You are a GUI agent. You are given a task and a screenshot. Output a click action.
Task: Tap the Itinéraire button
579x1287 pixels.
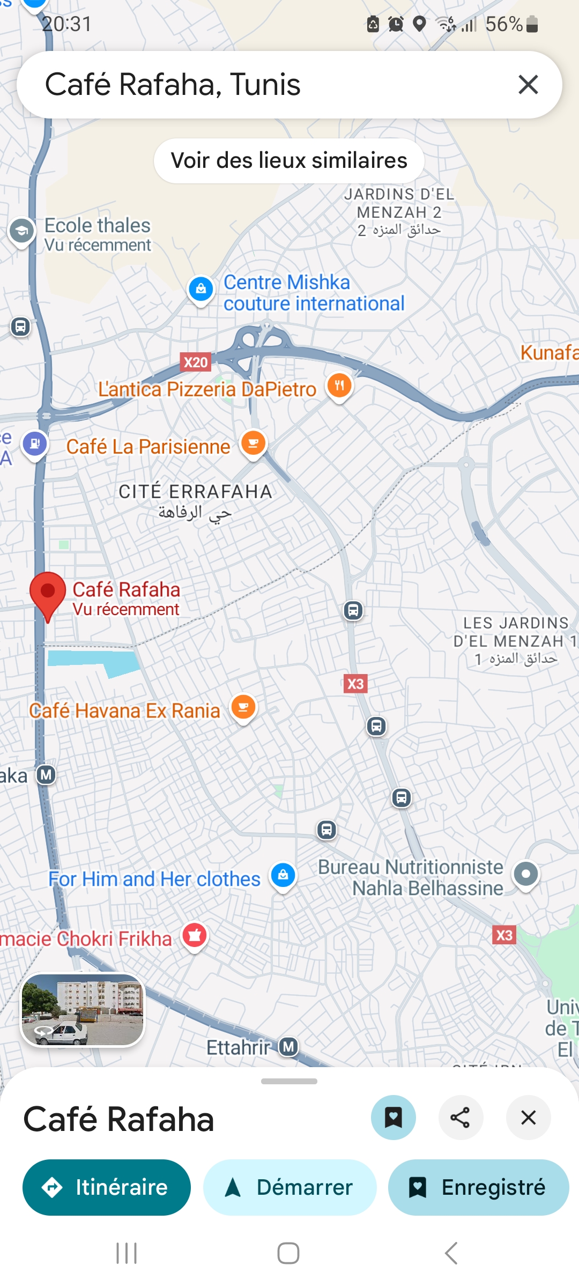pyautogui.click(x=106, y=1187)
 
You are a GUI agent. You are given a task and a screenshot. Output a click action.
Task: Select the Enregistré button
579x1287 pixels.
pyautogui.click(x=478, y=1187)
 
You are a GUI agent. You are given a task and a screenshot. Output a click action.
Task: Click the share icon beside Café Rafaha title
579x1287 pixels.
pyautogui.click(x=461, y=1118)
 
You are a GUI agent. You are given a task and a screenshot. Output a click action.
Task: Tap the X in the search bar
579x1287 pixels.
pyautogui.click(x=528, y=85)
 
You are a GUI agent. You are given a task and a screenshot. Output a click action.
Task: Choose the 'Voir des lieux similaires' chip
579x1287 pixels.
pyautogui.click(x=289, y=161)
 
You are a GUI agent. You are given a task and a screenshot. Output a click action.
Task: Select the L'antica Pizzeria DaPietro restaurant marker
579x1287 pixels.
pyautogui.click(x=339, y=386)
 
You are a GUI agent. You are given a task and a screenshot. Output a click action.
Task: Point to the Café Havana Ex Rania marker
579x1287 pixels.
pyautogui.click(x=243, y=708)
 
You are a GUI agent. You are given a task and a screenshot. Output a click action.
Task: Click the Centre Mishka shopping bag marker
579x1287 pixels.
pyautogui.click(x=201, y=290)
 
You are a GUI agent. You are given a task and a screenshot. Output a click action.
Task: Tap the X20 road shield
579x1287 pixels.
pyautogui.click(x=196, y=363)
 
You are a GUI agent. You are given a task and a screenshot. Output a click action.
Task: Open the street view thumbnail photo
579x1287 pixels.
pyautogui.click(x=83, y=1009)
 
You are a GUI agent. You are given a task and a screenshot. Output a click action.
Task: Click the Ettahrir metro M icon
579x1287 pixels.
pyautogui.click(x=289, y=1046)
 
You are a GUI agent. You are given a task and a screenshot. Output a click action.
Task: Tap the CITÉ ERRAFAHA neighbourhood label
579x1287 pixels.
pyautogui.click(x=195, y=492)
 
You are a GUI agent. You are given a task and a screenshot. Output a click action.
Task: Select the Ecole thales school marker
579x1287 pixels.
pyautogui.click(x=22, y=231)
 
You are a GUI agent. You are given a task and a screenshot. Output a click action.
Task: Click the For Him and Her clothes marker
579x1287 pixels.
pyautogui.click(x=283, y=876)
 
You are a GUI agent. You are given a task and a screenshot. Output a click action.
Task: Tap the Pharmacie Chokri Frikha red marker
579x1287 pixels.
pyautogui.click(x=195, y=936)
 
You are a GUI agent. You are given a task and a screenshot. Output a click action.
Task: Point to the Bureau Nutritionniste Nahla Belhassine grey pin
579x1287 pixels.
pyautogui.click(x=526, y=875)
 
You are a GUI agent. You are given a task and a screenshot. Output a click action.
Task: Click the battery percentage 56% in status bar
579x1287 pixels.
pyautogui.click(x=504, y=24)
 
